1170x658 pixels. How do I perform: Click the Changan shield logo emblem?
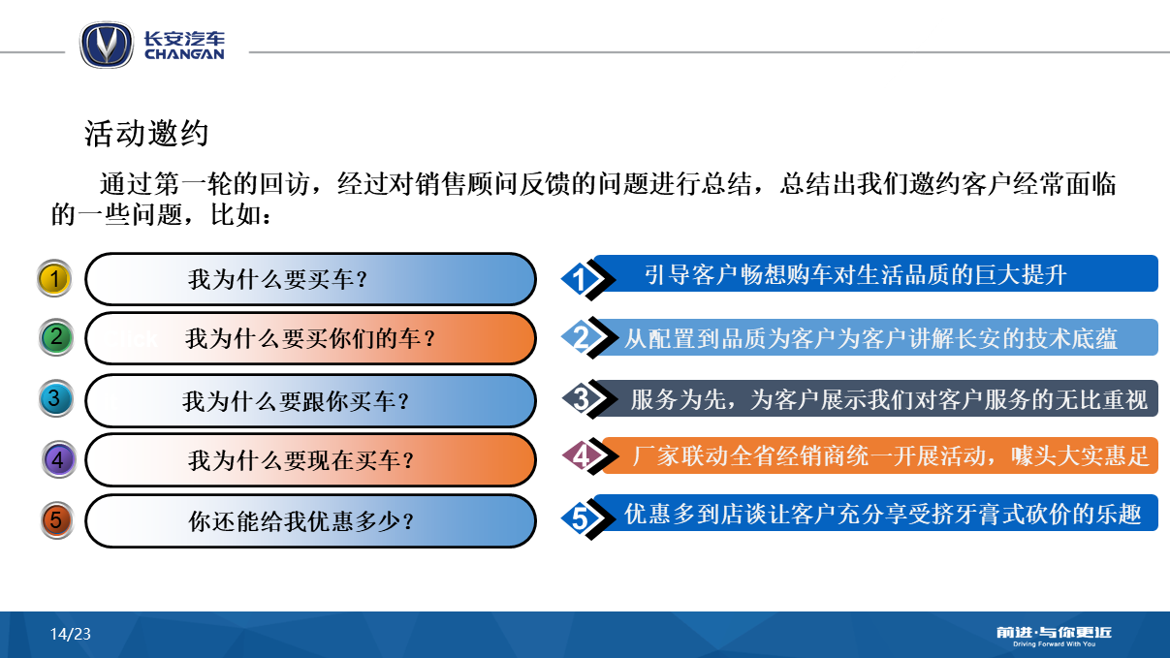(x=107, y=45)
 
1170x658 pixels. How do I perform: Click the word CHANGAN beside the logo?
(x=184, y=54)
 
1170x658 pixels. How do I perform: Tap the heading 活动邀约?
(x=146, y=133)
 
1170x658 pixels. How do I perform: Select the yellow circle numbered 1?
(x=54, y=278)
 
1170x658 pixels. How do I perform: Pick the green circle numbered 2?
(x=56, y=337)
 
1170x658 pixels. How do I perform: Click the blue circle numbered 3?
(x=56, y=398)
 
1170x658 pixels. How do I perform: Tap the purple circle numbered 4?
(x=58, y=459)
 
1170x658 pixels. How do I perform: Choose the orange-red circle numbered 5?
(x=57, y=520)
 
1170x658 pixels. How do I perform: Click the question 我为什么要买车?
(x=278, y=279)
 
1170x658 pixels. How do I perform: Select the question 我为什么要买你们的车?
(x=310, y=338)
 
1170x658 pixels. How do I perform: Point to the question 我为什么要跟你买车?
(x=296, y=401)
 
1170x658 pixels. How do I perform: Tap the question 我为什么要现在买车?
(x=301, y=460)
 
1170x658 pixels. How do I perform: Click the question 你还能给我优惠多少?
(x=301, y=521)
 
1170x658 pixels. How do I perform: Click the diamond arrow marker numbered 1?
(x=587, y=279)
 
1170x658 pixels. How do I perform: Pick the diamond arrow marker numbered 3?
(x=588, y=398)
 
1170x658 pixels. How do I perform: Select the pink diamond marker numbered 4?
(x=589, y=455)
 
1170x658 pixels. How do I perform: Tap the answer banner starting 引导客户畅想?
(x=875, y=273)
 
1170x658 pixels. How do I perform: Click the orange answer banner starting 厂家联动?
(x=880, y=455)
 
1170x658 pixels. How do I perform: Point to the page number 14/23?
(x=71, y=634)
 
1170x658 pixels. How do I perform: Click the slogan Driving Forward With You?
(x=1054, y=643)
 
